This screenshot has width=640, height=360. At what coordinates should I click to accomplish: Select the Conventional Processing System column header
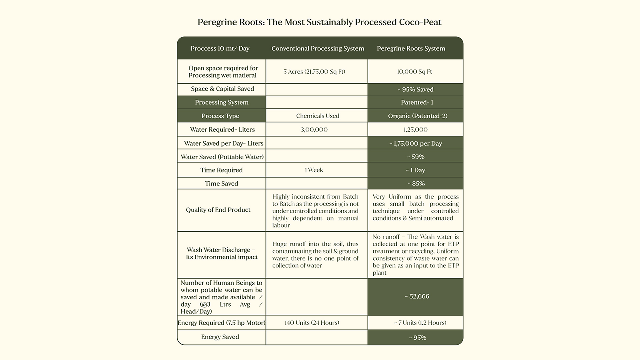coord(318,48)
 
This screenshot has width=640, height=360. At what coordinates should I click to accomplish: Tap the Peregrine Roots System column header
coord(411,48)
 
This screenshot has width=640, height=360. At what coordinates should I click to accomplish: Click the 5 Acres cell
coord(314,72)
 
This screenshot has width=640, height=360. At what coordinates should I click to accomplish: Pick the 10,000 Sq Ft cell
coord(414,72)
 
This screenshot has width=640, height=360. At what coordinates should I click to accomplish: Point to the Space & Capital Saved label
coord(222,89)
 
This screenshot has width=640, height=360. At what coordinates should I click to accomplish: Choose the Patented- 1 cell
coord(417,102)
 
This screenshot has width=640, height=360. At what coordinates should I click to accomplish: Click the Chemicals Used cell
coord(318,116)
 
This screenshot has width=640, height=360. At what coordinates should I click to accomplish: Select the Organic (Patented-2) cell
coord(418,116)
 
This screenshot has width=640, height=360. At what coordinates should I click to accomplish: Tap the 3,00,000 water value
coord(314,130)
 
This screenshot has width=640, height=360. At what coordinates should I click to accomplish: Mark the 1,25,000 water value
coord(415,130)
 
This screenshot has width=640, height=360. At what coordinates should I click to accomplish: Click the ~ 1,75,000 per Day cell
coord(415,143)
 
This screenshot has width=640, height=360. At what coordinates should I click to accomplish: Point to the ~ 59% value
coord(415,157)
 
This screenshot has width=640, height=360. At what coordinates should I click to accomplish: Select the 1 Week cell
coord(314,170)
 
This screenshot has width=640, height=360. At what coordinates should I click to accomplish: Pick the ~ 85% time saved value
coord(416,184)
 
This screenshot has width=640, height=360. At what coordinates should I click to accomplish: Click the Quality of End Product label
coord(218,210)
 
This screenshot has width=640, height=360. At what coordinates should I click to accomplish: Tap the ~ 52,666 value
coord(417,296)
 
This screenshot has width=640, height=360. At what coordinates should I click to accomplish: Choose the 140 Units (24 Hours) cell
coord(312,323)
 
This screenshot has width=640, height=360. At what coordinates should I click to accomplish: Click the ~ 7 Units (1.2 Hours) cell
coord(420,323)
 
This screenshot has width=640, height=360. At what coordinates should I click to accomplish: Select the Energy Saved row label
coord(220,337)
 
